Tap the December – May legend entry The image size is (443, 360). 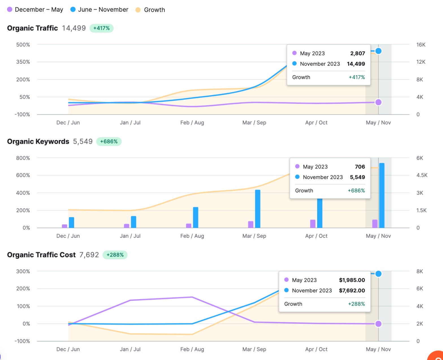click(35, 10)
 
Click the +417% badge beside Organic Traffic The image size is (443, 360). click(101, 28)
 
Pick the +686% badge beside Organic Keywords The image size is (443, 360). click(109, 142)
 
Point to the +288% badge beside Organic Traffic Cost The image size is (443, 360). click(115, 255)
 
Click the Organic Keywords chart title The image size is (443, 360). click(38, 142)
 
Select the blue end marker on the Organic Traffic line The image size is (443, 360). click(378, 51)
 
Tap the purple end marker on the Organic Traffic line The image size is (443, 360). click(378, 102)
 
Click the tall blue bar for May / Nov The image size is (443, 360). click(382, 195)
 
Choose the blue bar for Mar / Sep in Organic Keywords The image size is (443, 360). click(258, 209)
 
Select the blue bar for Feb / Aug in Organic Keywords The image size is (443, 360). click(196, 217)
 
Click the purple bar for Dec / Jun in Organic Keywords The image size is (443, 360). click(64, 226)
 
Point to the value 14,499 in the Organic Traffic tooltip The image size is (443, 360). click(356, 64)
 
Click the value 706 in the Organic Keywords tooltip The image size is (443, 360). click(360, 167)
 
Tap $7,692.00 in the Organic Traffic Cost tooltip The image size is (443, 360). click(352, 291)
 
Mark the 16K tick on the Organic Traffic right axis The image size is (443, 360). click(421, 45)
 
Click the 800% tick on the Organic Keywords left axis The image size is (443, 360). click(23, 158)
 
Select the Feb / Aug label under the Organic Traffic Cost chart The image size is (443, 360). click(192, 349)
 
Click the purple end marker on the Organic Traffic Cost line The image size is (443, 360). click(378, 324)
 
